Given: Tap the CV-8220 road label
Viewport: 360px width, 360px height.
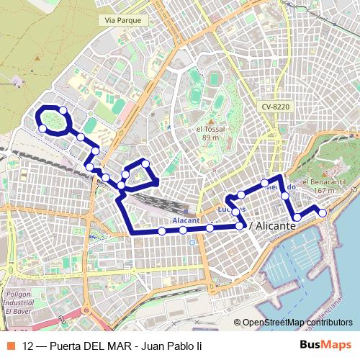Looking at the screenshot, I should pyautogui.click(x=276, y=107).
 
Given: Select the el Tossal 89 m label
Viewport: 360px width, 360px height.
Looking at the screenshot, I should pyautogui.click(x=210, y=133).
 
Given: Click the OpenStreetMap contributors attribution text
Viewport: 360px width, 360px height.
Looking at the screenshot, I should pyautogui.click(x=297, y=323).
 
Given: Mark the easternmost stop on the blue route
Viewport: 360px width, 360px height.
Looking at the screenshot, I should pyautogui.click(x=322, y=212).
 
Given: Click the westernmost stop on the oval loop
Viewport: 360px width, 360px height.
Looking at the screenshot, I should pyautogui.click(x=42, y=128).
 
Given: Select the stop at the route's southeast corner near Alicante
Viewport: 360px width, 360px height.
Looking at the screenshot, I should pyautogui.click(x=240, y=226).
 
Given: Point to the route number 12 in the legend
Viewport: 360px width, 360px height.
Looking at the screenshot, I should pyautogui.click(x=28, y=346).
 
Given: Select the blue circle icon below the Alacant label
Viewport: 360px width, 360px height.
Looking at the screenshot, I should pyautogui.click(x=192, y=242).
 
